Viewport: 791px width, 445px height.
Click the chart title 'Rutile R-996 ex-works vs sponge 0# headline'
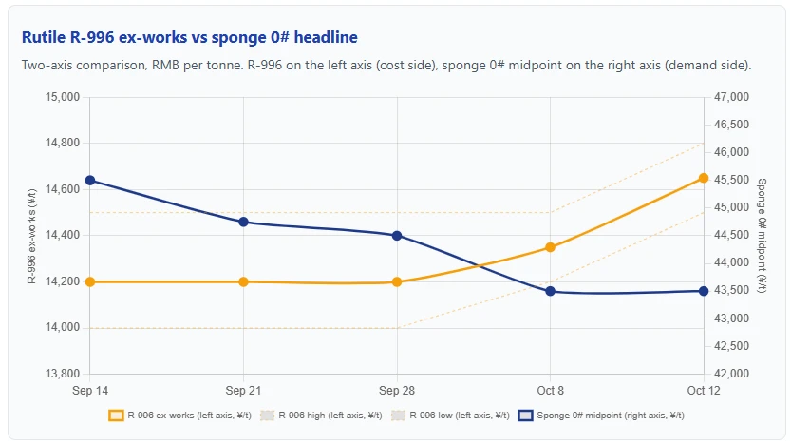pyautogui.click(x=190, y=37)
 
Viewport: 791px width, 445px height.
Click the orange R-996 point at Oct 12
pyautogui.click(x=704, y=179)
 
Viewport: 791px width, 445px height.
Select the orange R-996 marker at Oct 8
pyautogui.click(x=551, y=247)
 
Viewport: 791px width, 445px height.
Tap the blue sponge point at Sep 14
pyautogui.click(x=90, y=181)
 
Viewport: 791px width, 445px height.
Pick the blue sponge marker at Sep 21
pyautogui.click(x=244, y=222)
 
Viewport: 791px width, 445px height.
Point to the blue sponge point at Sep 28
pyautogui.click(x=397, y=236)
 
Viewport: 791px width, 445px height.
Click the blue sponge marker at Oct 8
pyautogui.click(x=551, y=292)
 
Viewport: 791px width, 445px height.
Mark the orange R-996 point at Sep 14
pyautogui.click(x=90, y=281)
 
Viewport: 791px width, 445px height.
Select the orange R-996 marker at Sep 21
pyautogui.click(x=244, y=281)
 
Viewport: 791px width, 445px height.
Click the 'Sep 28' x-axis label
pyautogui.click(x=397, y=391)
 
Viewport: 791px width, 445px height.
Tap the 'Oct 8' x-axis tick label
pyautogui.click(x=551, y=391)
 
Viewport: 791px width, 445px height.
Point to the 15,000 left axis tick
pyautogui.click(x=63, y=97)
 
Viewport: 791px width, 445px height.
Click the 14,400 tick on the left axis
pyautogui.click(x=63, y=236)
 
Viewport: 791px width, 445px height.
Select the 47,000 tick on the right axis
pyautogui.click(x=731, y=97)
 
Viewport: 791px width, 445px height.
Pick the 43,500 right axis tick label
pyautogui.click(x=731, y=290)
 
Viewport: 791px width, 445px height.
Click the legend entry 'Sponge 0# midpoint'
pyautogui.click(x=601, y=416)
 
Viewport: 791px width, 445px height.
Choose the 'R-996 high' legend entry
pyautogui.click(x=321, y=416)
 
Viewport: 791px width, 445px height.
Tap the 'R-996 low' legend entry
pyautogui.click(x=451, y=416)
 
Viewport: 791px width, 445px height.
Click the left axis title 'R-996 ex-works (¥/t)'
pyautogui.click(x=31, y=236)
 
